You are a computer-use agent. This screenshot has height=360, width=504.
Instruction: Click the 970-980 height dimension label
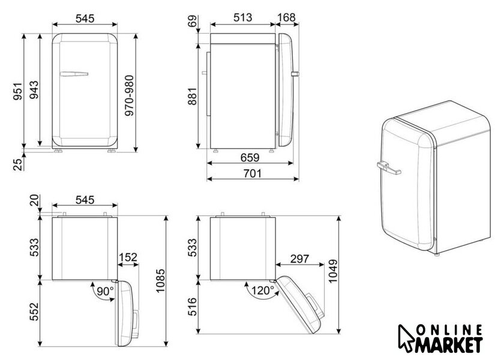[x=129, y=95]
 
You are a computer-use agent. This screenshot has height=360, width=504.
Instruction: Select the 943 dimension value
[x=34, y=89]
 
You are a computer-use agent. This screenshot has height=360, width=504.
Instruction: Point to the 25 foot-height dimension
[x=19, y=164]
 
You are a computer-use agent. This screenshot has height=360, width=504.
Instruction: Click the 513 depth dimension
[x=242, y=17]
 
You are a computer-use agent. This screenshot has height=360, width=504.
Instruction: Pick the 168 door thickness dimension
[x=286, y=17]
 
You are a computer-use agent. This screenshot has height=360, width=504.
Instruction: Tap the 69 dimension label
[x=193, y=22]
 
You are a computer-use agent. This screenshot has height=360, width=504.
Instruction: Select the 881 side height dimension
[x=192, y=96]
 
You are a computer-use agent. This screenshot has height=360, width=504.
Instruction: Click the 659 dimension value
[x=250, y=157]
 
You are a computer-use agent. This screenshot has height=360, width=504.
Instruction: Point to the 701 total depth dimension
[x=253, y=173]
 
